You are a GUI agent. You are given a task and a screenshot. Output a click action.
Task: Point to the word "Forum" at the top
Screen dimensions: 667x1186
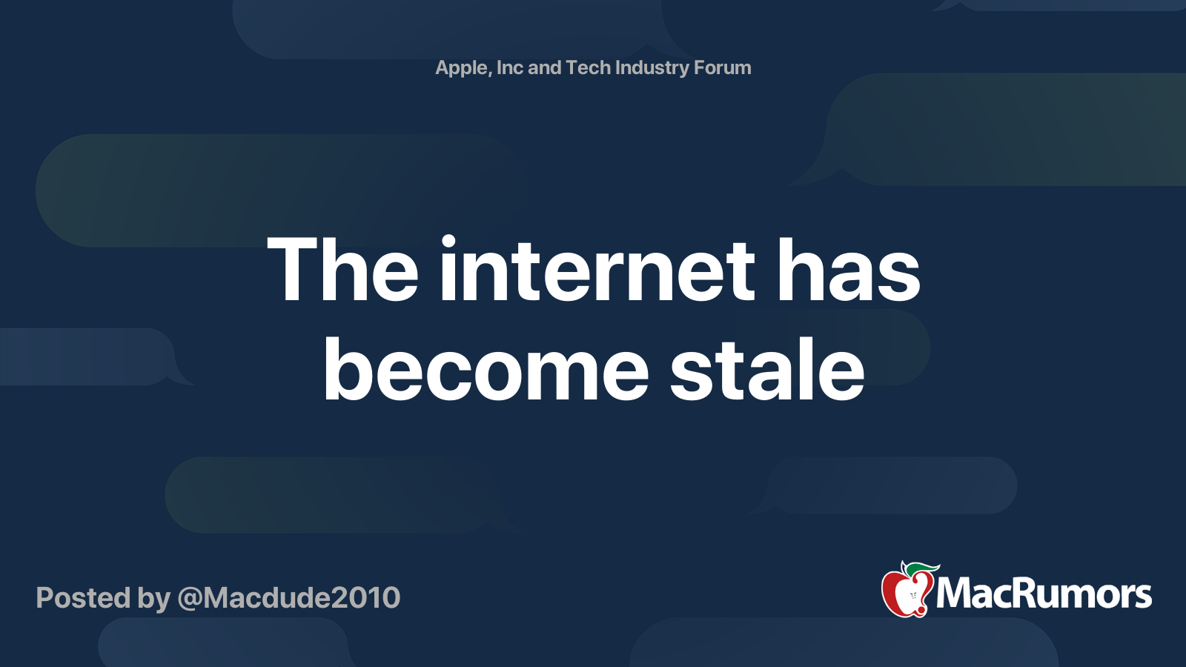click(722, 67)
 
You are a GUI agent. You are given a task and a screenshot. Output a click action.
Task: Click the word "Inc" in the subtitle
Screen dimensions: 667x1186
click(509, 67)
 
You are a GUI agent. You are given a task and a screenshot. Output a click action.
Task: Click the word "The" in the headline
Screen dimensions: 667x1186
click(342, 270)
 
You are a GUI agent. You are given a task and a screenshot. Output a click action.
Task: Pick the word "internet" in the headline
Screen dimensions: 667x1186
click(597, 270)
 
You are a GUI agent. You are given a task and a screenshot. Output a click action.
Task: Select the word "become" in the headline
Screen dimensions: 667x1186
click(486, 369)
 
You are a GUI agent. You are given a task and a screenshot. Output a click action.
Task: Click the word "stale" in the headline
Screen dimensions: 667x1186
click(767, 369)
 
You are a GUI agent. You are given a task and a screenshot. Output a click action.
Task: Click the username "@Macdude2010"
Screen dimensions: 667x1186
click(289, 598)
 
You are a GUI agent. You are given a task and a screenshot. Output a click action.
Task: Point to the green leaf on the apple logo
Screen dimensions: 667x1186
click(923, 568)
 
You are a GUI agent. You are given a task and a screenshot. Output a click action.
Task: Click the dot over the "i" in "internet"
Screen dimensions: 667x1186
click(448, 242)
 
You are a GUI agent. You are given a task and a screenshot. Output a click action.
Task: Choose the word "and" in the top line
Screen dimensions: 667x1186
click(544, 67)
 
